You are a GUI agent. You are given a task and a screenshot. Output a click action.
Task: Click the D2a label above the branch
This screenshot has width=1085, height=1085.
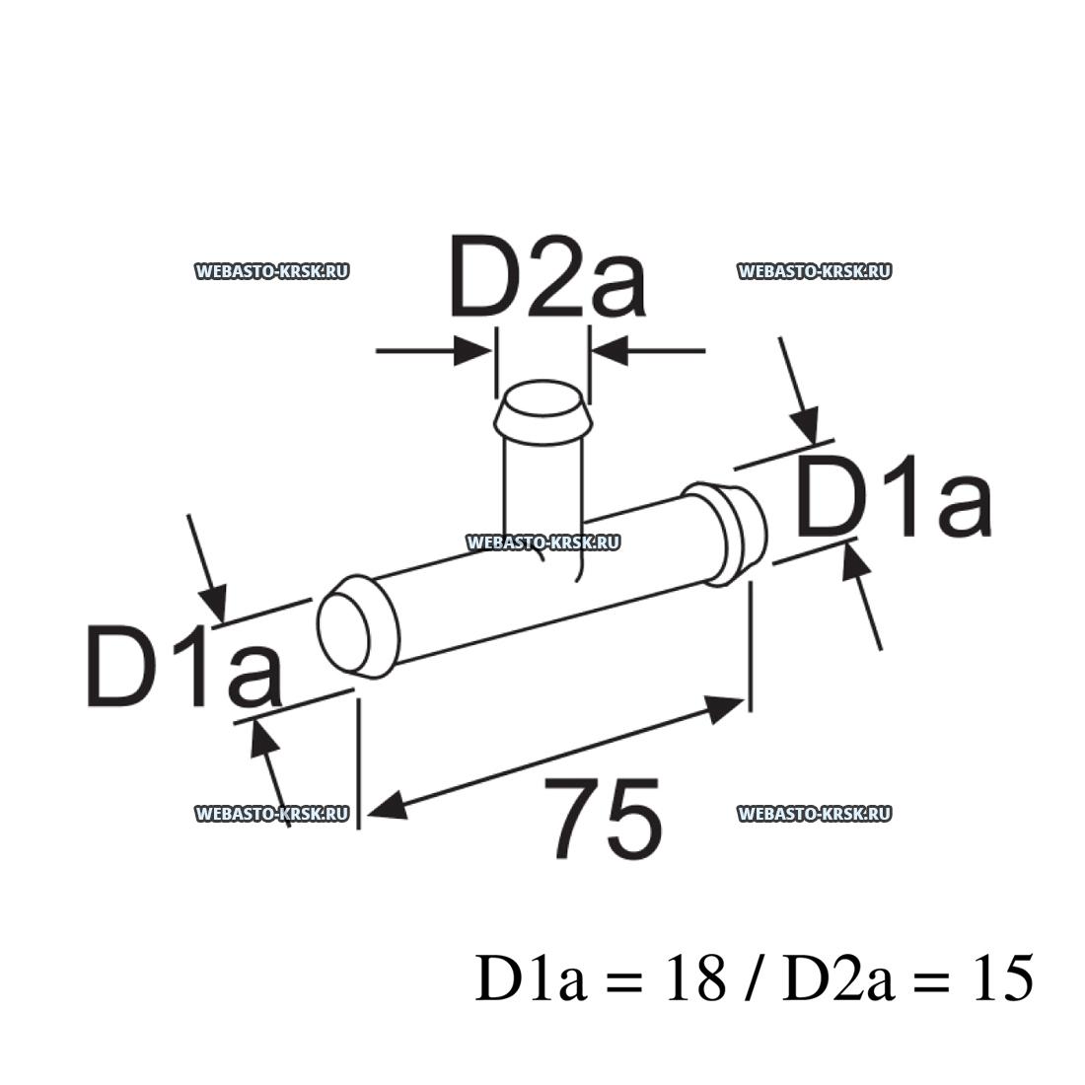coord(547,277)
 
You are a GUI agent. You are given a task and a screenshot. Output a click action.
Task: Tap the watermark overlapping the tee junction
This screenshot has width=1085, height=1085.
coord(542,542)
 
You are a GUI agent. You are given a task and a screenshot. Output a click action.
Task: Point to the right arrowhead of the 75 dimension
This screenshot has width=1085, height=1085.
coord(725,704)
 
